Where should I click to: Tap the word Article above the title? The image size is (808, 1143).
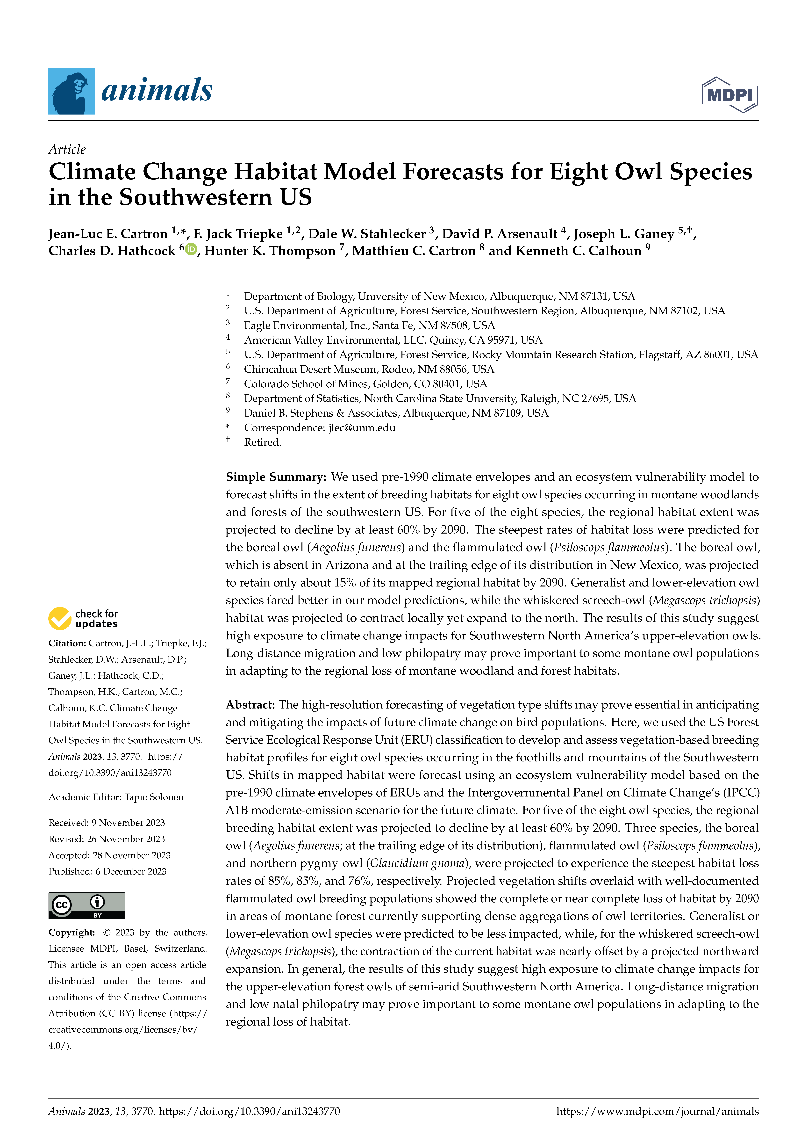click(67, 149)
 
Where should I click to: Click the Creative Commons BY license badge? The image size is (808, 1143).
click(87, 905)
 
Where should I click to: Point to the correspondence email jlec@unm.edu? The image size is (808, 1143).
click(362, 428)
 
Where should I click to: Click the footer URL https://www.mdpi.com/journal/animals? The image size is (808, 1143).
click(657, 1111)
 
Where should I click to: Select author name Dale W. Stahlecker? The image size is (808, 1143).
click(367, 234)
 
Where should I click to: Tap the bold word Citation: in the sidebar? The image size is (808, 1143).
click(67, 643)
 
